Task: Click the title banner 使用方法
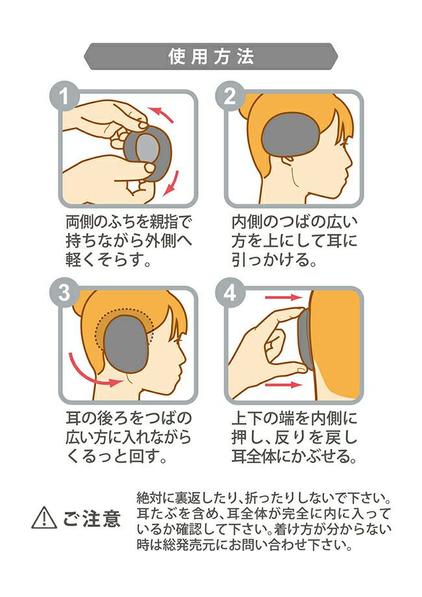point(211,57)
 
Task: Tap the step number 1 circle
point(64,96)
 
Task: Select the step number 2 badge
point(229,96)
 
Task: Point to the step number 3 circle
point(64,293)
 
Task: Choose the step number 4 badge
point(229,293)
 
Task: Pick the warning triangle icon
point(44,518)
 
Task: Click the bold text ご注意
point(92,518)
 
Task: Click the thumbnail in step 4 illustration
point(301,369)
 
